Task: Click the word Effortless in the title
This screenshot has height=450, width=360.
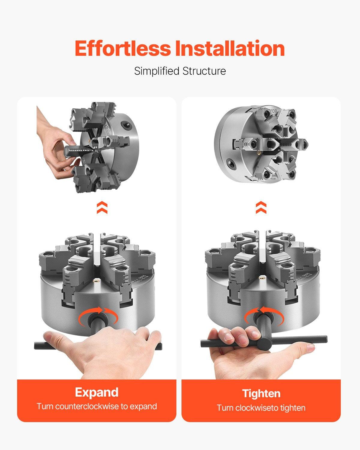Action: point(123,49)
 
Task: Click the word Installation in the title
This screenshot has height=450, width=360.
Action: point(230,49)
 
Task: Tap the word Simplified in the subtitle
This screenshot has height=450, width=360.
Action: point(157,71)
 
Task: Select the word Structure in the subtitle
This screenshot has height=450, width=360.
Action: point(204,71)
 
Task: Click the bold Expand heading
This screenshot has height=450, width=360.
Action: point(97,392)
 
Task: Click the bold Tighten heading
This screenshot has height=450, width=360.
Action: point(261,394)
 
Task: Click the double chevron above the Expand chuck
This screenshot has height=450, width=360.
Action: point(102,208)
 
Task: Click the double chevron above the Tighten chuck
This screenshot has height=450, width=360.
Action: point(261,207)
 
